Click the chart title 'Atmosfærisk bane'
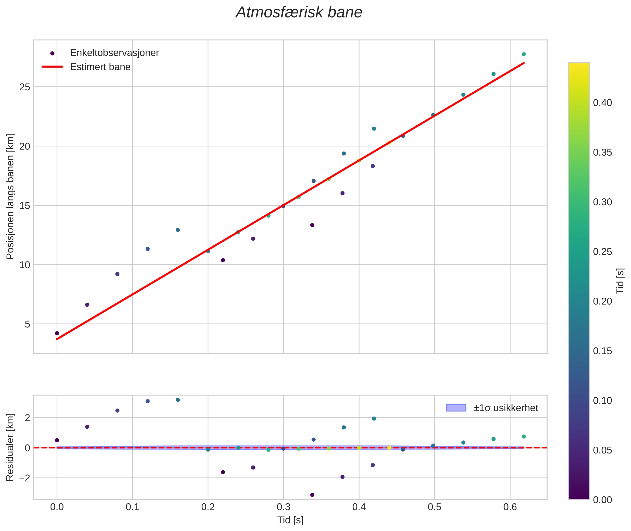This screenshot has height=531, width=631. click(299, 13)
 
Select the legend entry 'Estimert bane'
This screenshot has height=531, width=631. click(100, 67)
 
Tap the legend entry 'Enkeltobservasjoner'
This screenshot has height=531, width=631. click(114, 53)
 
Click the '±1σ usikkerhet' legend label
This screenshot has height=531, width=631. click(506, 408)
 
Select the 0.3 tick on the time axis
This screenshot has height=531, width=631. click(283, 507)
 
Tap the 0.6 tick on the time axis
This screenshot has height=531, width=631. click(510, 507)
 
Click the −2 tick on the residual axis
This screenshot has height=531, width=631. click(23, 478)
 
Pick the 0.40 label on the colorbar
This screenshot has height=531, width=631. click(602, 103)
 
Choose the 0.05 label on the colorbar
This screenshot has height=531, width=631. click(602, 450)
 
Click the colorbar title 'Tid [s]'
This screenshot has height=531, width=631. click(620, 281)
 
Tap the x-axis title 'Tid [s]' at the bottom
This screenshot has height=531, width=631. click(290, 520)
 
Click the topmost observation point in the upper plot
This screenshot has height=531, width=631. click(523, 54)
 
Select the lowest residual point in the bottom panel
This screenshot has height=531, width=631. click(312, 495)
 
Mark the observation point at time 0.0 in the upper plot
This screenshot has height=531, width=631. click(57, 333)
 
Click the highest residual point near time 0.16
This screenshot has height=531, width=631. click(178, 400)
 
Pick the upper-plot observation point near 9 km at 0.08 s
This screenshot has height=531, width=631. click(117, 274)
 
